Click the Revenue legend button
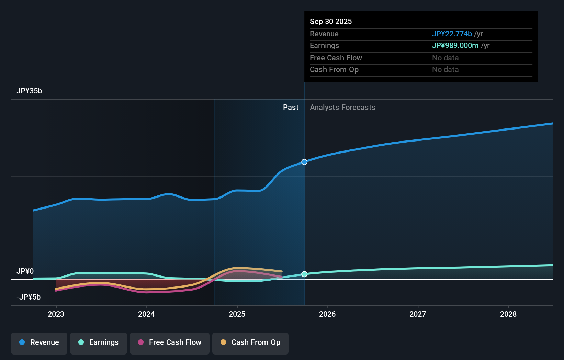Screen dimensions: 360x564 point(39,343)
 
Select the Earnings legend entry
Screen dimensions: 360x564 point(99,343)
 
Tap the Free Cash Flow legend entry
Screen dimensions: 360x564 point(170,343)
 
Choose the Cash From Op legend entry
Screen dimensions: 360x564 point(250,343)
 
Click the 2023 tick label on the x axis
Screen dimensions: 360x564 point(56,314)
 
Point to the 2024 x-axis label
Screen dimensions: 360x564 point(146,314)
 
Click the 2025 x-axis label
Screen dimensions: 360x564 point(237,314)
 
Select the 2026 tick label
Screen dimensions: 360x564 point(327,314)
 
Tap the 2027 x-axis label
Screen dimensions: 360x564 point(418,314)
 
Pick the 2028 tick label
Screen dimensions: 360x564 point(508,314)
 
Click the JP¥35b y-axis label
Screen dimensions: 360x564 point(29,91)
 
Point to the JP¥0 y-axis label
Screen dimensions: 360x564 point(25,271)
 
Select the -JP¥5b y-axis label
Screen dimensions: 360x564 point(29,297)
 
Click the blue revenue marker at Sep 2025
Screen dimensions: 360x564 point(304,162)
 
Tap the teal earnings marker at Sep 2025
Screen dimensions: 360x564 point(304,274)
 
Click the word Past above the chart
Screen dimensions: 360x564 point(291,108)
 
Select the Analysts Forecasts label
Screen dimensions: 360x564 point(342,108)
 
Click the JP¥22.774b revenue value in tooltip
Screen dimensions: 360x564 point(452,34)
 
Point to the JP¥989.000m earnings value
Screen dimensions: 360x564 point(455,46)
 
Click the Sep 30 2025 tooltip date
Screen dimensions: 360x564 point(331,22)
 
